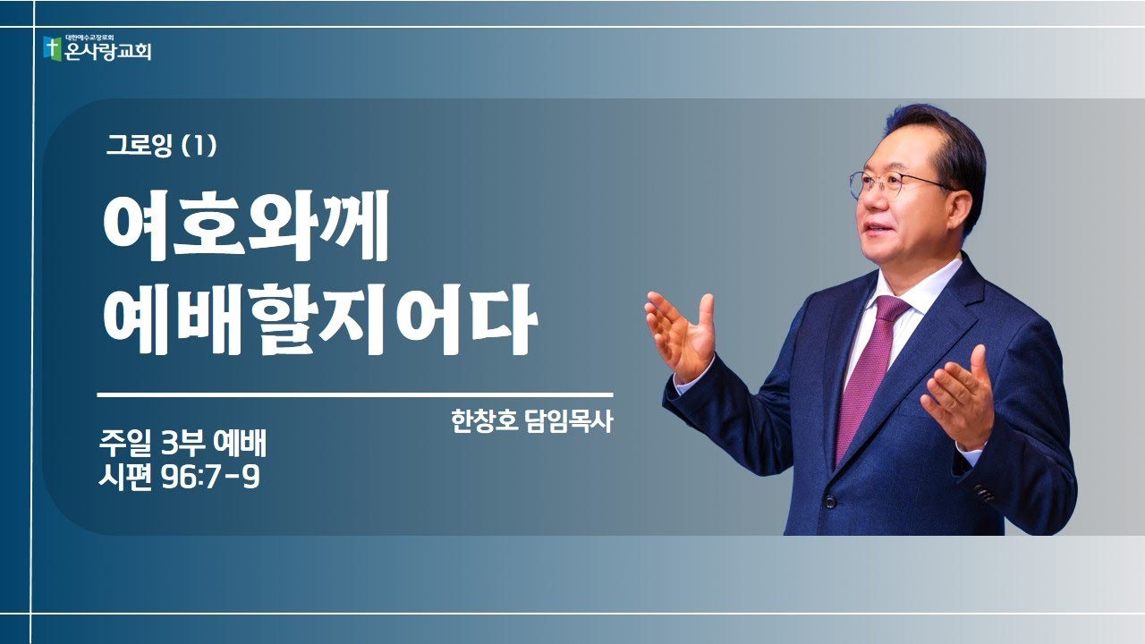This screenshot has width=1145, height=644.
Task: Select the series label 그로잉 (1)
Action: point(161,146)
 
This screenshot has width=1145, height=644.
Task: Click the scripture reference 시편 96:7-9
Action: point(180,479)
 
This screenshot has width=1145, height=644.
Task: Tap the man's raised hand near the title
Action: point(682,331)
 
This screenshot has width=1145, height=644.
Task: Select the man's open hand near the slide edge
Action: point(962,398)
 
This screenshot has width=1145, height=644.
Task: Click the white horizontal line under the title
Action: point(354,394)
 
